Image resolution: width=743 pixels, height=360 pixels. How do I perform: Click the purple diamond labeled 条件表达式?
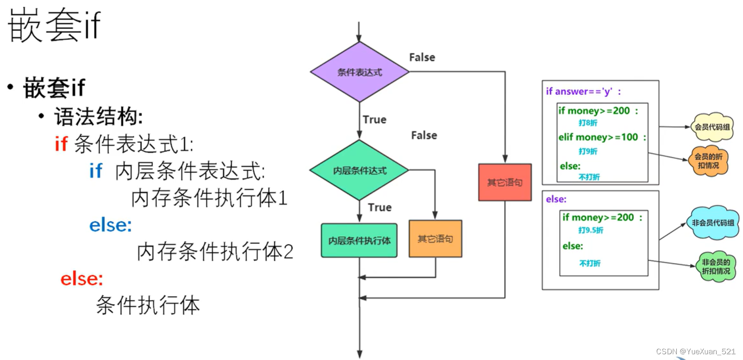pos(360,72)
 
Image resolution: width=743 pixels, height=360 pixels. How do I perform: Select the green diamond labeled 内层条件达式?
pos(359,170)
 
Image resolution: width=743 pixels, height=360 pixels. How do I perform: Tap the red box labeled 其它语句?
pos(505,182)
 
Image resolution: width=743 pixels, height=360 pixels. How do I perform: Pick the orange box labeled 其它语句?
pos(435,239)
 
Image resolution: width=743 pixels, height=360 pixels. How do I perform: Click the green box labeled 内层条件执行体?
pos(359,241)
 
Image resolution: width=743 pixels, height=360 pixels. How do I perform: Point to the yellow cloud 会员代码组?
pos(712,128)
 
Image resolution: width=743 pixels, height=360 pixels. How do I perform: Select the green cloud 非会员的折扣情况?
pos(716,267)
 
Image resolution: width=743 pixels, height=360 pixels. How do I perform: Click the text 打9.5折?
pos(590,230)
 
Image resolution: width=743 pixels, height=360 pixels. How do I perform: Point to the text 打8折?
pos(588,123)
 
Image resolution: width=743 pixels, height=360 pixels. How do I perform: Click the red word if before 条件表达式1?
pos(61,143)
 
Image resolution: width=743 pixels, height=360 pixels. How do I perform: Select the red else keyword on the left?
pos(82,279)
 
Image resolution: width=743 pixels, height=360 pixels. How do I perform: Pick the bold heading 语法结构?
pos(98,116)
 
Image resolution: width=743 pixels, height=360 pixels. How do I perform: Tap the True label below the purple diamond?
pos(375,119)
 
